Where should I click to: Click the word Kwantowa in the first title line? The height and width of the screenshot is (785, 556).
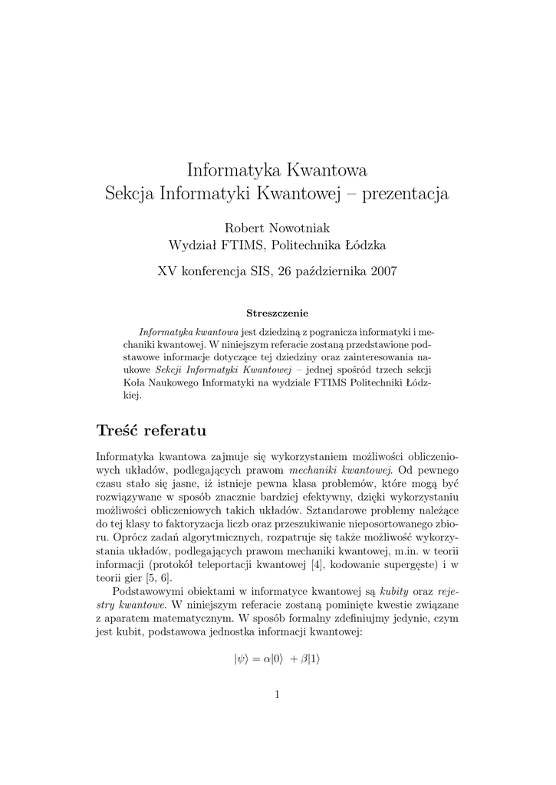coord(327,169)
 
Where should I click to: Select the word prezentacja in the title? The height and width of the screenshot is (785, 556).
coord(405,194)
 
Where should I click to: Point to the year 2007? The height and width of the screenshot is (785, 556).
coord(382,271)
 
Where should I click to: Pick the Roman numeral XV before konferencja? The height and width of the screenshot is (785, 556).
coord(167,271)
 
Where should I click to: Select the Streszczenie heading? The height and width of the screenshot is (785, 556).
coord(277,313)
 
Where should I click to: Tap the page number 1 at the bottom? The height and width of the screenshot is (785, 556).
coord(277,695)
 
